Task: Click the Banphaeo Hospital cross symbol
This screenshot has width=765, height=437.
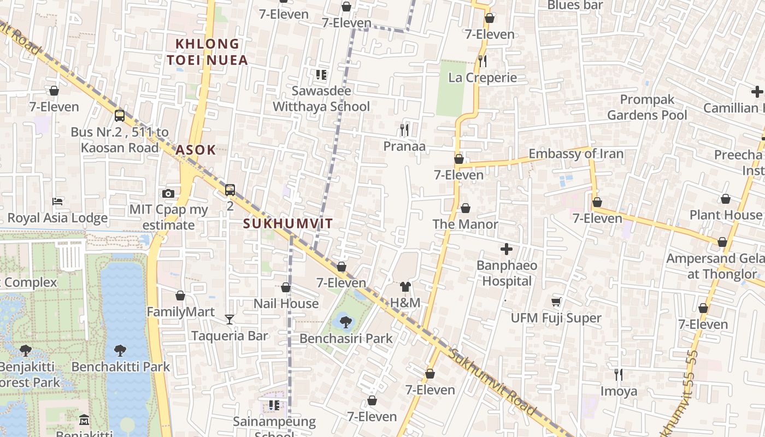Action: coord(507,250)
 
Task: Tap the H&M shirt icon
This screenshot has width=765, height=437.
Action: coord(405,287)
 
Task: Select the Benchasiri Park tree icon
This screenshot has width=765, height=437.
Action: coord(345,322)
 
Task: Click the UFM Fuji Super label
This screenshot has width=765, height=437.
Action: coord(556,318)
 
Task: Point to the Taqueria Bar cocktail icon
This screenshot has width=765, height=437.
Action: coord(229,320)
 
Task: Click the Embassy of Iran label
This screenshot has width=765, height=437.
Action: coord(575,153)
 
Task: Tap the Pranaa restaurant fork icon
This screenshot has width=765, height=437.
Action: coord(404,130)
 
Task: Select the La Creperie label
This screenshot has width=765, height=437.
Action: coord(482,78)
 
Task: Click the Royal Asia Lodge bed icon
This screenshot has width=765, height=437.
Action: coord(57,202)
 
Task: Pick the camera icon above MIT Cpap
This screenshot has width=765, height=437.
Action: coord(168,193)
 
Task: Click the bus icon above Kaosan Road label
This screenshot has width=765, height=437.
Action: coord(120,116)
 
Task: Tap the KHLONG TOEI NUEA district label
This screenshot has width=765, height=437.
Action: coord(207,51)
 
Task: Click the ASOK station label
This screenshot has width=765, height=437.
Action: coord(196,150)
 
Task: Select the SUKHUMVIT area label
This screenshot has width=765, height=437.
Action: coord(288,223)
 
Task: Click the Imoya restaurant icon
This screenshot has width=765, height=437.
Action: coord(619,375)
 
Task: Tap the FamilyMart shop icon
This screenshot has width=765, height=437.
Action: coord(180,296)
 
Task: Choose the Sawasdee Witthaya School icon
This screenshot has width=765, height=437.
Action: coord(321,75)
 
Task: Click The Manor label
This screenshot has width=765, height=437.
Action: coord(465,224)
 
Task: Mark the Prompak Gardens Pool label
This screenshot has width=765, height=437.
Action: coord(647,107)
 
